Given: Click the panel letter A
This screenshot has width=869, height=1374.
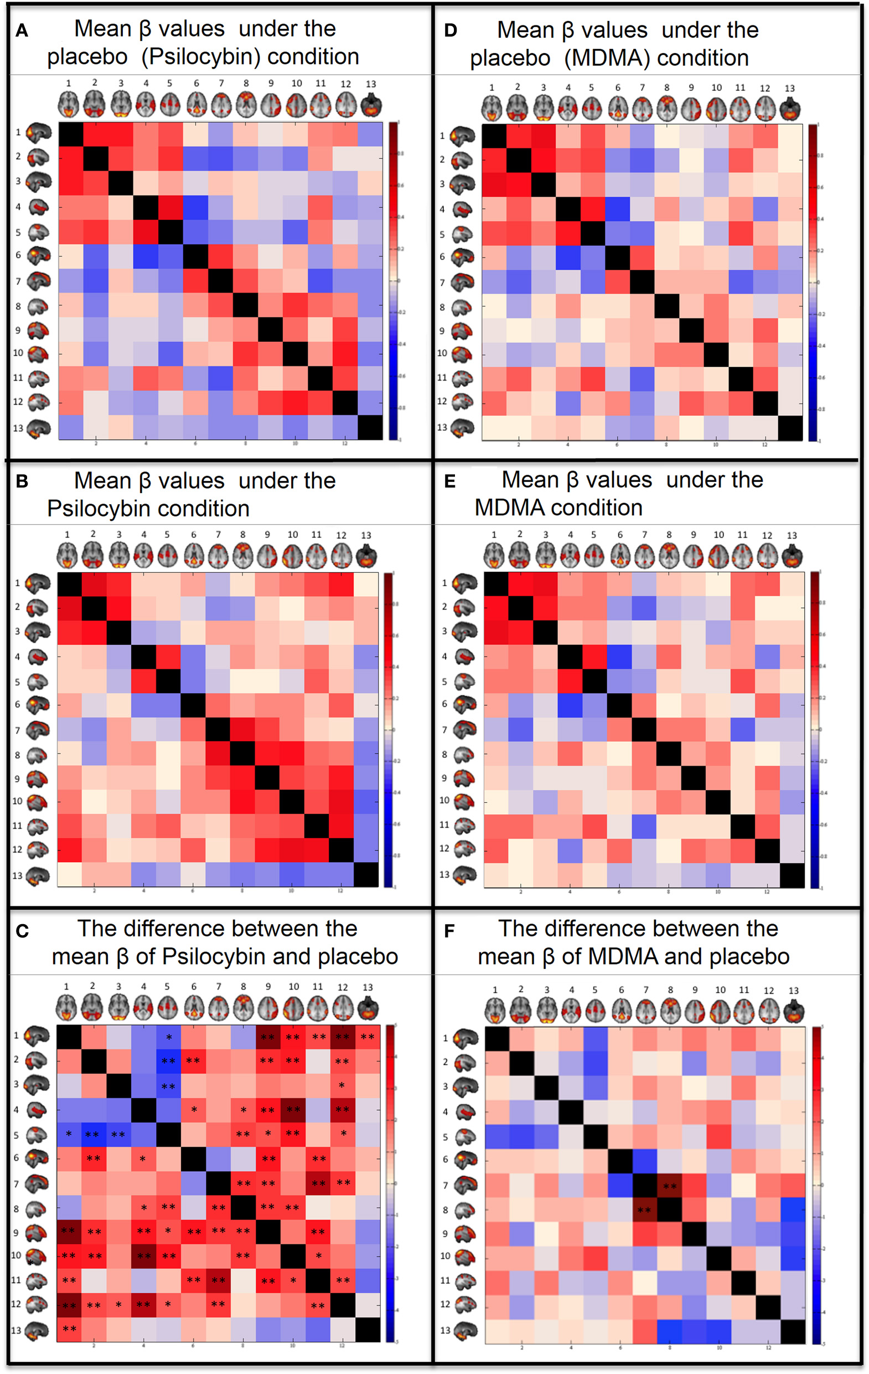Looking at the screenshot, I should [22, 30].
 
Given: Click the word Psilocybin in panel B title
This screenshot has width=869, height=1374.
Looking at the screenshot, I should [148, 509].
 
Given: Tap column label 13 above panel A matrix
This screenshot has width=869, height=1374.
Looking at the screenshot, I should [371, 84].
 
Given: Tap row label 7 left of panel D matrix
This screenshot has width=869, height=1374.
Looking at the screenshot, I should [442, 282].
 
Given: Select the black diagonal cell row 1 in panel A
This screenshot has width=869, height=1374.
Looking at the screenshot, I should [71, 134].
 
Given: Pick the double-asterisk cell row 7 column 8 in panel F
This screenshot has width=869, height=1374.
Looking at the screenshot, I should [669, 1186].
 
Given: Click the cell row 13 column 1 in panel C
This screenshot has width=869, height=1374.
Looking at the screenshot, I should [69, 1329].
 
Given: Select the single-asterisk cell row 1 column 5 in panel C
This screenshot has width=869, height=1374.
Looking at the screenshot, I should [169, 1037].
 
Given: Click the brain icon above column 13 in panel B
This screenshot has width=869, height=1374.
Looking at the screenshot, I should [366, 556].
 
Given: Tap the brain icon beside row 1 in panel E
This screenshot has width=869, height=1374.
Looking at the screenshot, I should [465, 583].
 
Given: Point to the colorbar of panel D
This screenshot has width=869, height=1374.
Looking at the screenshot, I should [813, 282].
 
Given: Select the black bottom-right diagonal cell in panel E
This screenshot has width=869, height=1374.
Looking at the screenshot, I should [792, 875].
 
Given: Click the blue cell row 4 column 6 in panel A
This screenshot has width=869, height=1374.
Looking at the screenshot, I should [195, 207].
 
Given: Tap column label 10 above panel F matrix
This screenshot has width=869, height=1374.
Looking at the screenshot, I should [720, 990].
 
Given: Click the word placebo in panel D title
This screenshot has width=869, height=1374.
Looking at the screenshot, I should [510, 58].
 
